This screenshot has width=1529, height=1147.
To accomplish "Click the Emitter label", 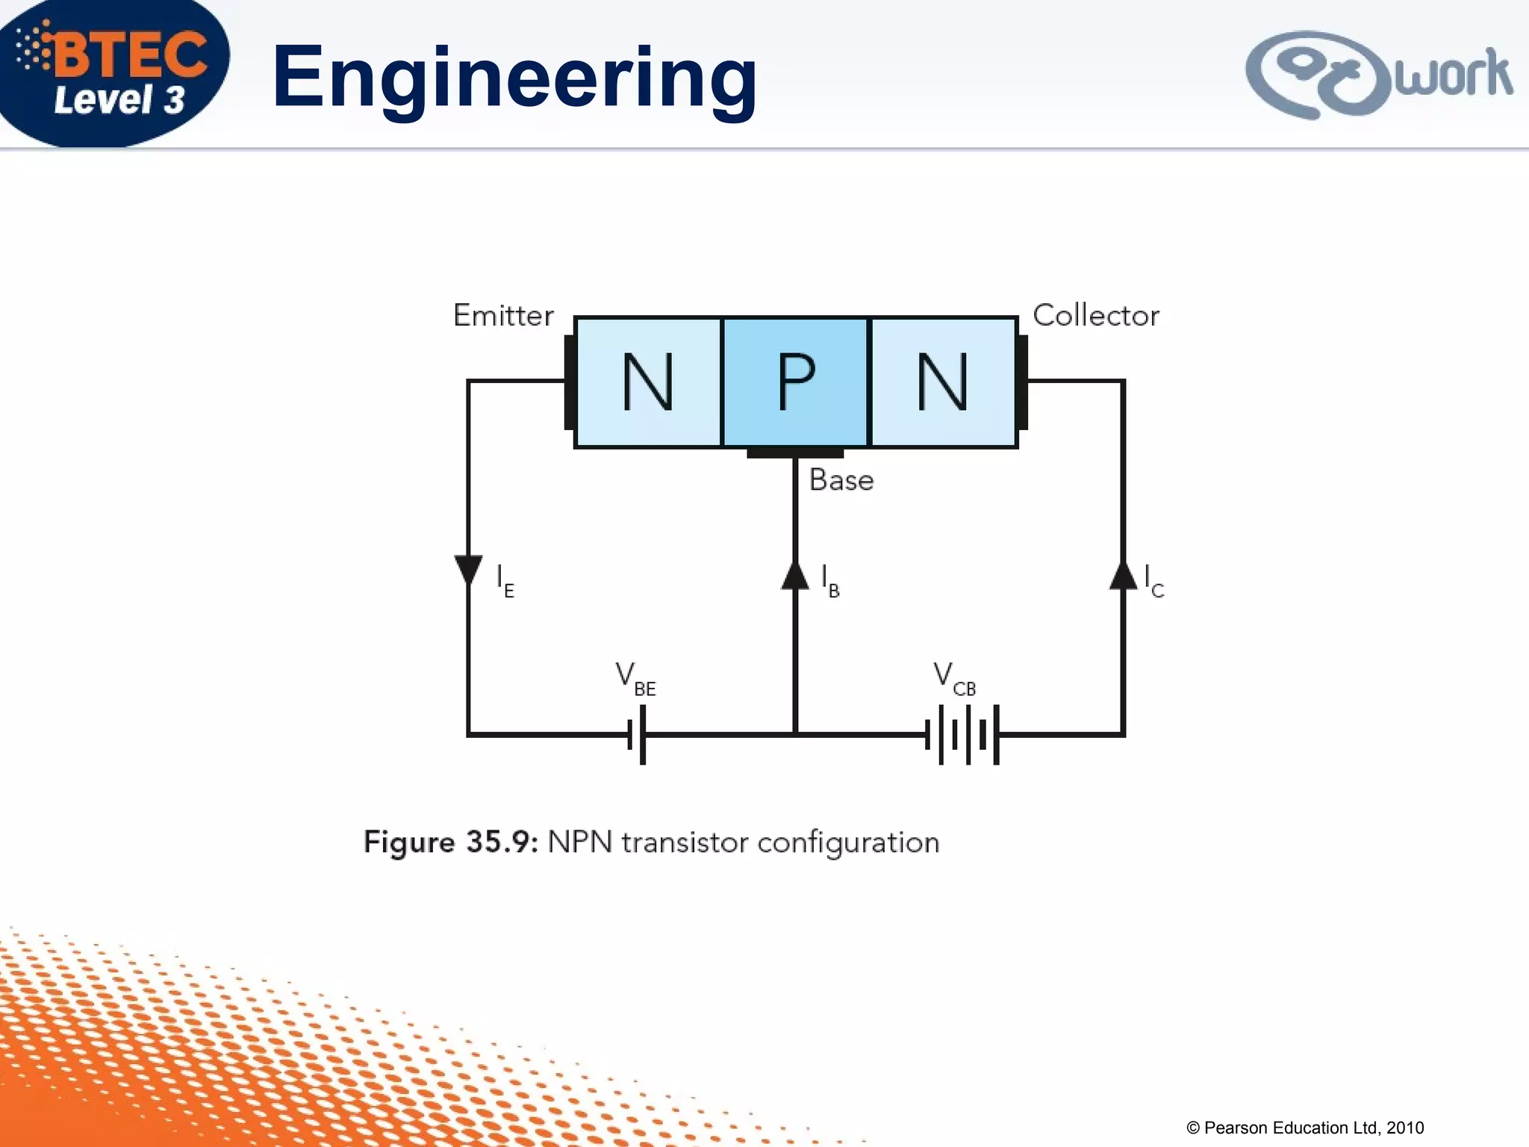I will click(x=503, y=316).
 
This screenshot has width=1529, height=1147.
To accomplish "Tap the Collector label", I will click(x=1095, y=316).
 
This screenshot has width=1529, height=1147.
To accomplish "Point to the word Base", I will click(x=841, y=480).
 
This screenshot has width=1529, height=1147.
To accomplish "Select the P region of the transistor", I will click(x=795, y=382).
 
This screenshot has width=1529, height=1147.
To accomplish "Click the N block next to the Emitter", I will click(x=648, y=382).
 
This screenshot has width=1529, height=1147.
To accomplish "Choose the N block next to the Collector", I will click(x=942, y=382).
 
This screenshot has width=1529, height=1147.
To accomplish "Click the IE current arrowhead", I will click(x=468, y=571).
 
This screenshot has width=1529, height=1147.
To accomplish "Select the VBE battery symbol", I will click(x=637, y=735).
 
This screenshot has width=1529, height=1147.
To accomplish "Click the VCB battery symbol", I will click(x=962, y=735).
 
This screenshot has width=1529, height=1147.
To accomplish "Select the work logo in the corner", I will click(x=1378, y=75).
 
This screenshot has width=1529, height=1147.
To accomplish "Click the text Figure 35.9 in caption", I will click(x=450, y=842).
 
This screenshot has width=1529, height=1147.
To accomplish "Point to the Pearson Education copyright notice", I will click(x=1305, y=1128).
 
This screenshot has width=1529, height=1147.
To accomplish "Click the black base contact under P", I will click(x=795, y=453).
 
